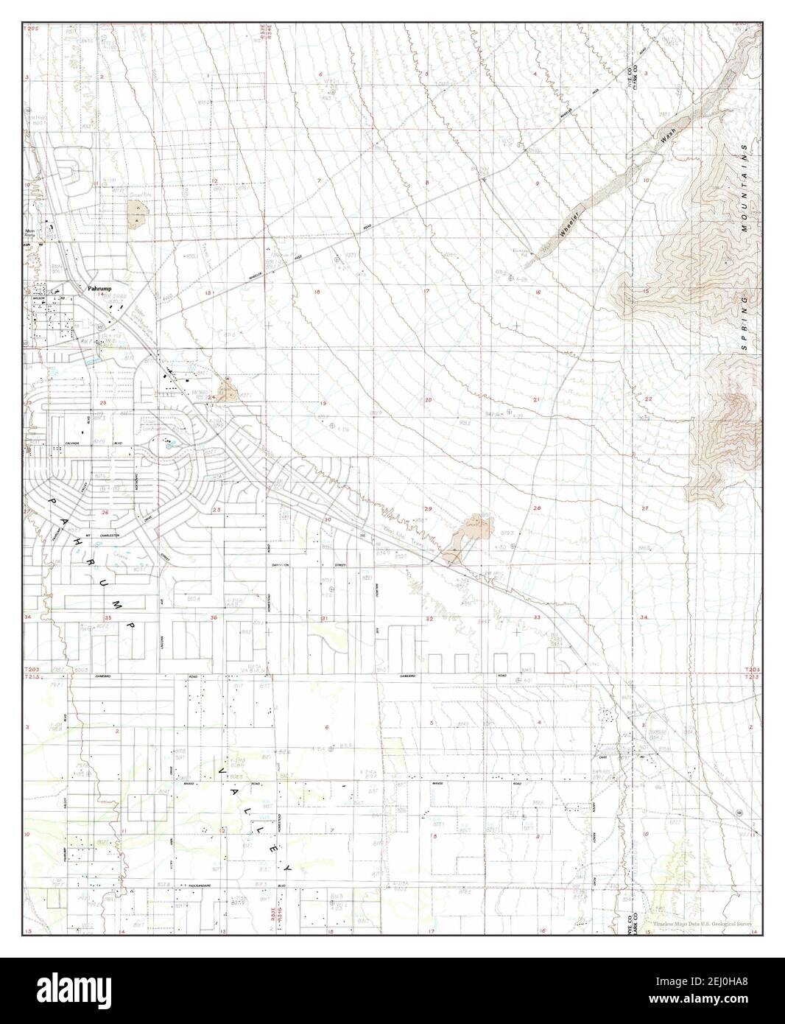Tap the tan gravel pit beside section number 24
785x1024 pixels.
[x=227, y=389]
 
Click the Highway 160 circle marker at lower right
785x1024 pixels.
[x=739, y=811]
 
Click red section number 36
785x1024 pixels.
[x=214, y=617]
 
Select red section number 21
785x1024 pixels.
[x=537, y=399]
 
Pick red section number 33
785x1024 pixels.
[x=537, y=617]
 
